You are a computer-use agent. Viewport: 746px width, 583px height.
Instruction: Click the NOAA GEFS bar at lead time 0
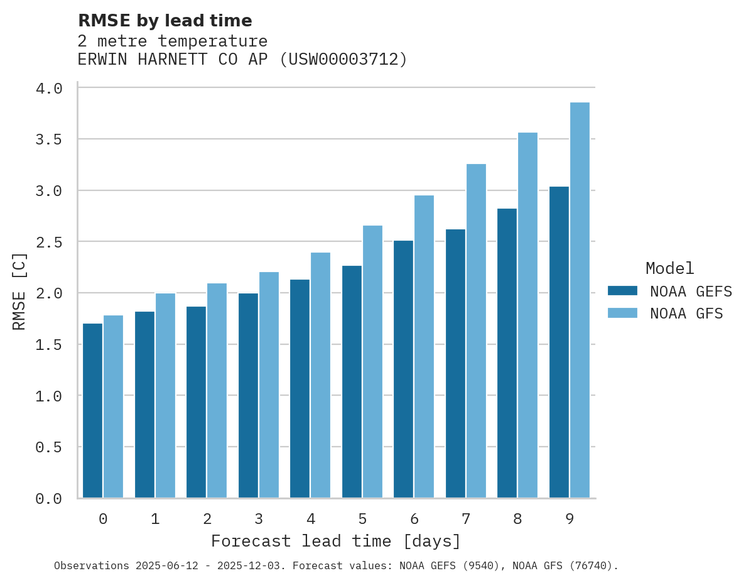(92, 411)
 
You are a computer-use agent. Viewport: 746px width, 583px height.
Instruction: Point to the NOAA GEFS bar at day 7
(455, 364)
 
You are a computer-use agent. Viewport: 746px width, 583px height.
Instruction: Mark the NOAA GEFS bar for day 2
(196, 402)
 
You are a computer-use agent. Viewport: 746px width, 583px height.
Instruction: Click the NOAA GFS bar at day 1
(165, 396)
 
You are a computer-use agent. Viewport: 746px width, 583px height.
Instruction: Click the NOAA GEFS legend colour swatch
(622, 291)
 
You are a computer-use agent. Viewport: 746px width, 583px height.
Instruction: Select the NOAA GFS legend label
(686, 313)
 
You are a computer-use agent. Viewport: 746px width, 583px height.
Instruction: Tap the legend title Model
(669, 268)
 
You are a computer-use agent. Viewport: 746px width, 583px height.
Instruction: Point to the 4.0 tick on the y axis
(49, 89)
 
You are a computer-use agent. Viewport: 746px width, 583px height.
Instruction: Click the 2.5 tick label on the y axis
(49, 242)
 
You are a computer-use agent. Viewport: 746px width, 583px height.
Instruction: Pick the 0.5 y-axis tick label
(49, 447)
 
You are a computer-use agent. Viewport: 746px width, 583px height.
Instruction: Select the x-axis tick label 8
(517, 519)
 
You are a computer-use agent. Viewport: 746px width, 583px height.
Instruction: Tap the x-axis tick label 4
(310, 519)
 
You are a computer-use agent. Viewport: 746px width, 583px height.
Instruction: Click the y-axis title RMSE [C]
(19, 291)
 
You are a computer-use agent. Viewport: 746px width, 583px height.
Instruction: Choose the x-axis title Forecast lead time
(336, 541)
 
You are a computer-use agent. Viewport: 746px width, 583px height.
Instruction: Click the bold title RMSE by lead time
(165, 21)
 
